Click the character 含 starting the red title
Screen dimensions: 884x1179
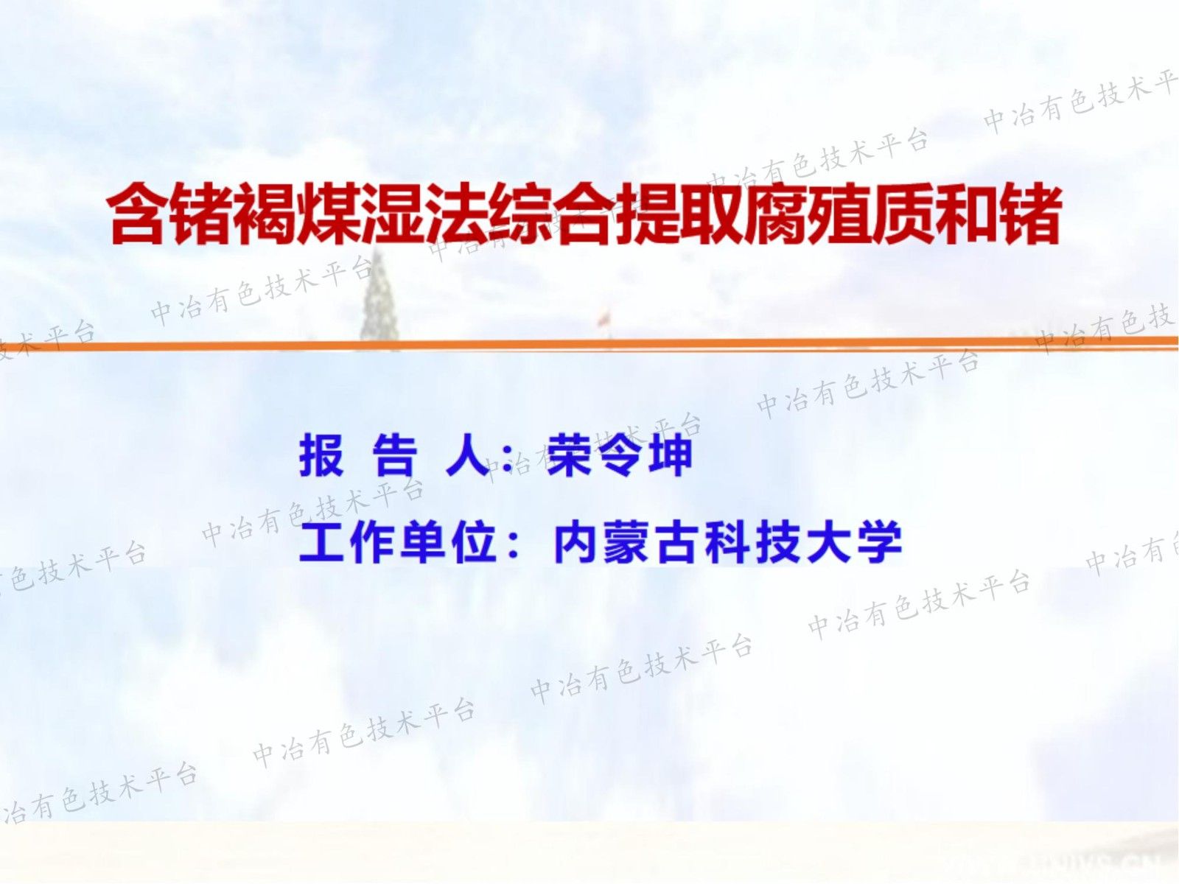click(x=139, y=215)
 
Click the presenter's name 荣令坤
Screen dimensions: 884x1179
click(x=620, y=455)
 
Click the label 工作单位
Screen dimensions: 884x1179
click(x=397, y=543)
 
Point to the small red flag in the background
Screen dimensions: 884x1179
click(x=604, y=318)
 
